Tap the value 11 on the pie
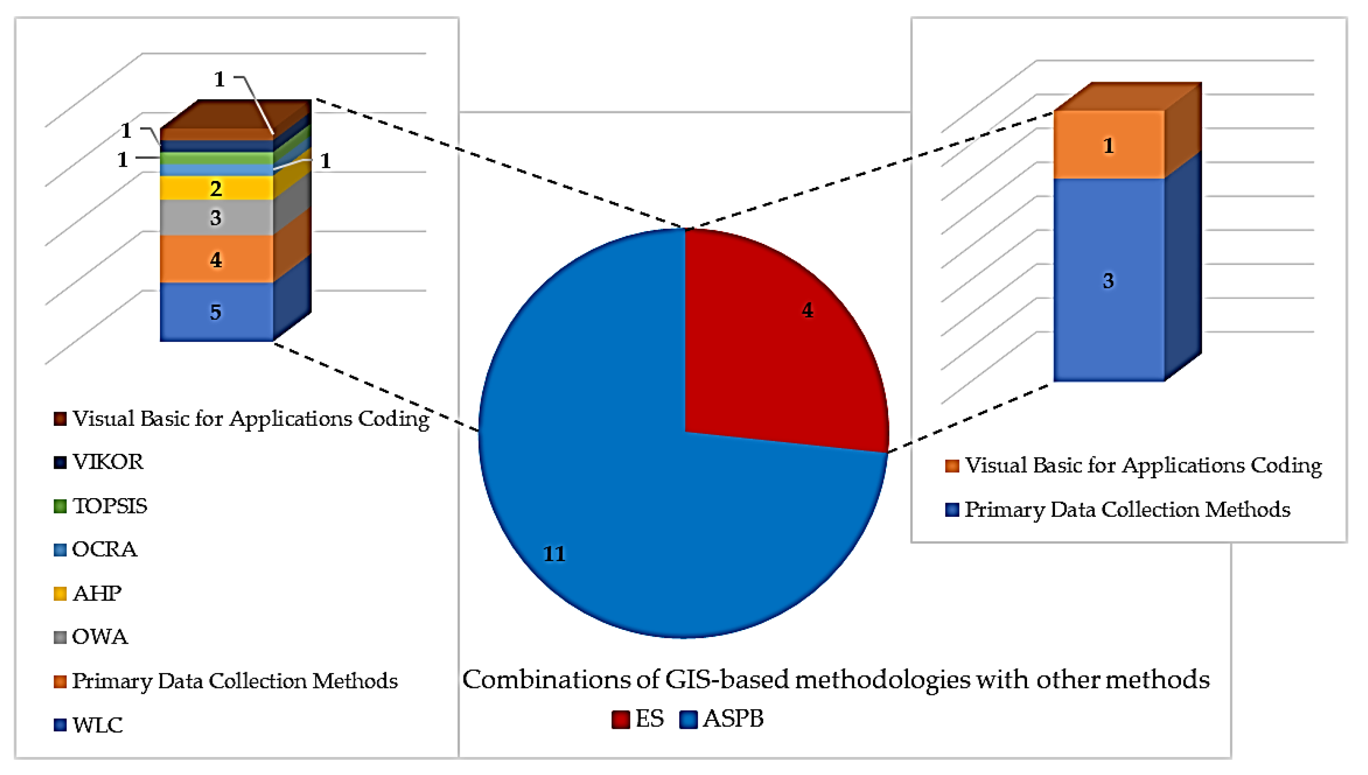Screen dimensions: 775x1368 click(x=554, y=554)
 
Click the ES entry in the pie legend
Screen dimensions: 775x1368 click(x=639, y=719)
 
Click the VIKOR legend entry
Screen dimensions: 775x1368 click(x=99, y=462)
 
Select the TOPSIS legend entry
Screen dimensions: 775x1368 click(x=101, y=506)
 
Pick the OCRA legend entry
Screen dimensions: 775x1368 click(x=96, y=549)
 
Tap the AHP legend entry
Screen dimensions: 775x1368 click(x=89, y=593)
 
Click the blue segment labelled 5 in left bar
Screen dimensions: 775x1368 click(x=216, y=311)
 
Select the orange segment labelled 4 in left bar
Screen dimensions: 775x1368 click(x=216, y=259)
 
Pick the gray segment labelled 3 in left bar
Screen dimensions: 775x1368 click(x=216, y=217)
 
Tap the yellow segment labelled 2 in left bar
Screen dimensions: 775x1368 click(x=216, y=188)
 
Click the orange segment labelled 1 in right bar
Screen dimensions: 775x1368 click(x=1109, y=145)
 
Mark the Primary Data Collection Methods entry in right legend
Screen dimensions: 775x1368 click(x=1118, y=509)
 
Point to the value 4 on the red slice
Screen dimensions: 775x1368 click(x=808, y=310)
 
